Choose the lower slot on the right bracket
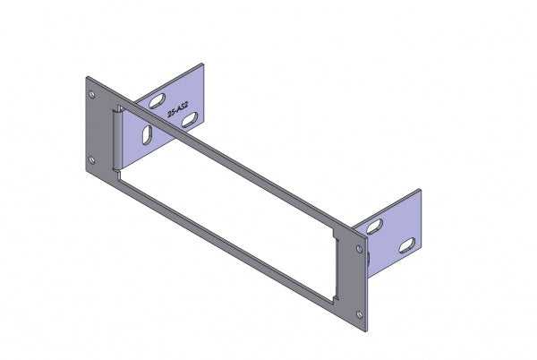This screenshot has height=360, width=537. point(405,244)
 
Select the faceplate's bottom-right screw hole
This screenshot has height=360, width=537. point(360,313)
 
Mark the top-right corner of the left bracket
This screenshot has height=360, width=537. point(203,64)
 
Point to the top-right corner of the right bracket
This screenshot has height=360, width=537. point(420,189)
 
